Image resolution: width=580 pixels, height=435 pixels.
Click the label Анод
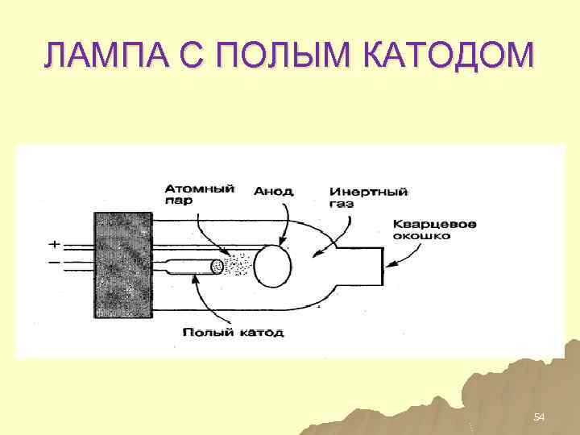point(274,192)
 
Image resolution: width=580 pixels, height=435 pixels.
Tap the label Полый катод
point(233,332)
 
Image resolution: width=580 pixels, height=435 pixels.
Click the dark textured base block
point(124,265)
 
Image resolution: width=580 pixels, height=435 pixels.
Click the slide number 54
point(540,416)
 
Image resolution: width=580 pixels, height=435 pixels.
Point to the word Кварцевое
point(434,223)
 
